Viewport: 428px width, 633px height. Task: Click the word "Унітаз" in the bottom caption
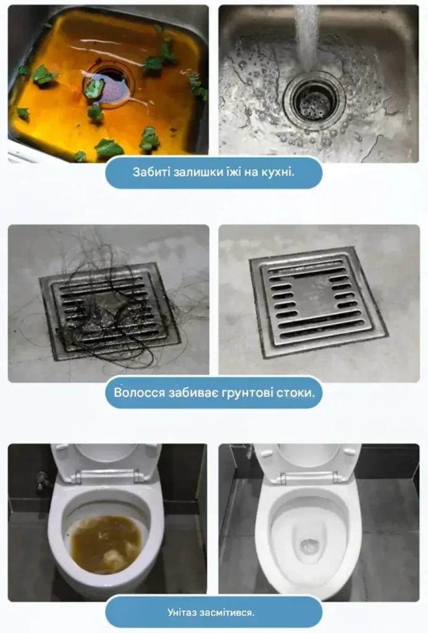[182, 613]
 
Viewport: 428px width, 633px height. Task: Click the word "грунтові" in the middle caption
[247, 393]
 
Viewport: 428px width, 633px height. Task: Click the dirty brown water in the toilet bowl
[106, 543]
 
